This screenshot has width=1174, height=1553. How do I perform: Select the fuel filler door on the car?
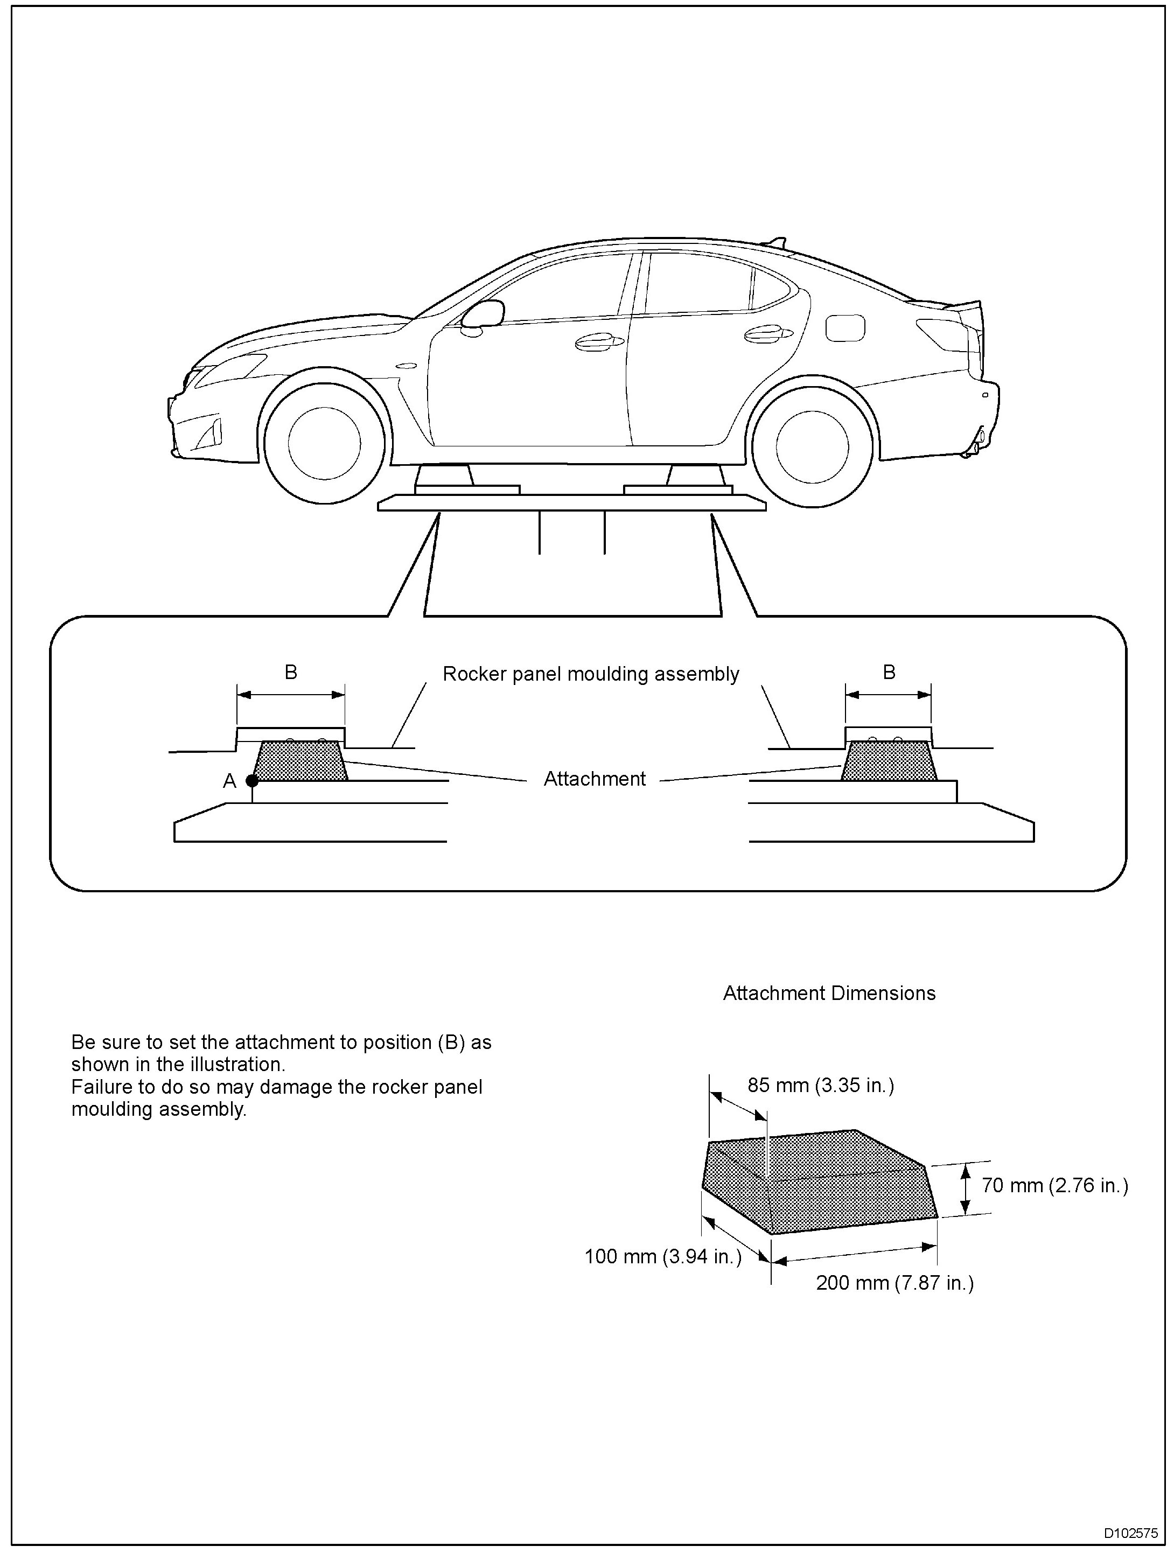(845, 328)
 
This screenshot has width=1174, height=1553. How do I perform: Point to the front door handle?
(599, 342)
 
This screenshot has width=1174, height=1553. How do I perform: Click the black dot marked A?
(252, 780)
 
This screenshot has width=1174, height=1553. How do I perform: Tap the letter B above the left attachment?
(291, 673)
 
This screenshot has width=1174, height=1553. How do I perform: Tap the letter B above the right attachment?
(889, 673)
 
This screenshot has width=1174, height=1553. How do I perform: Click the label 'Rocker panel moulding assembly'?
(591, 674)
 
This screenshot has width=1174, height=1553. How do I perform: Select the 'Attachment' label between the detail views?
(595, 779)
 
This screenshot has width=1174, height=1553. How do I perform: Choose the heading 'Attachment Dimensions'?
(829, 993)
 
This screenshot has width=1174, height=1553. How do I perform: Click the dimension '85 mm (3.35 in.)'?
(820, 1086)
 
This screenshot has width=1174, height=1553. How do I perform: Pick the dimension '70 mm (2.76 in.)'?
(1054, 1186)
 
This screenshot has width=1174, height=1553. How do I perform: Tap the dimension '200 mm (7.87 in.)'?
(895, 1283)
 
